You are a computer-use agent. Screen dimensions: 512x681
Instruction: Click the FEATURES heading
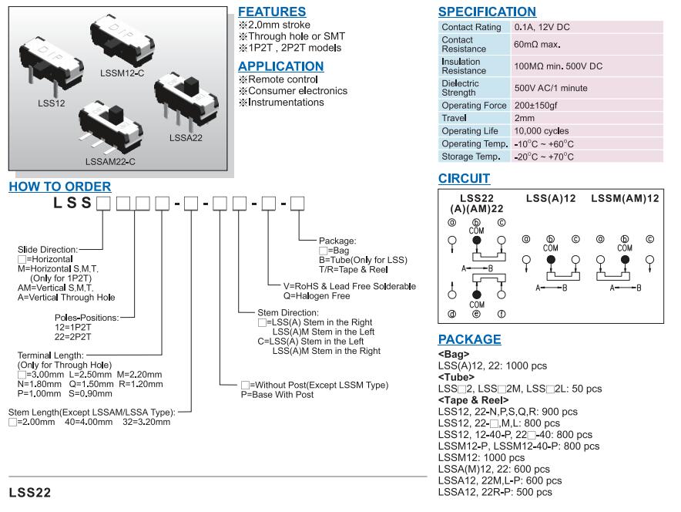(272, 12)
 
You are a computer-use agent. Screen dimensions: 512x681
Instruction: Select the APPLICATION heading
(280, 66)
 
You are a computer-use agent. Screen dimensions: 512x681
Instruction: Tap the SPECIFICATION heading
(487, 12)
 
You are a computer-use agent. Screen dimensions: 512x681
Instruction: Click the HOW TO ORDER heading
(59, 187)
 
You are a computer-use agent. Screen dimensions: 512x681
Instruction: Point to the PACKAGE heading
(469, 339)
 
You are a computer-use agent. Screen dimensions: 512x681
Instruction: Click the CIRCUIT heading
(464, 179)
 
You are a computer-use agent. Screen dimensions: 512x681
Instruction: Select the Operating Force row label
(474, 106)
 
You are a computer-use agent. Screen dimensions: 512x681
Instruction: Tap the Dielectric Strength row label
(460, 88)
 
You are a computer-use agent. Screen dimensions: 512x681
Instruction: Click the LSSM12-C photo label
(122, 72)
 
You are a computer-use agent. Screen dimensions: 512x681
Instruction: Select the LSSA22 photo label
(186, 138)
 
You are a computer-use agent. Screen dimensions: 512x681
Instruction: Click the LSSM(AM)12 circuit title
(625, 199)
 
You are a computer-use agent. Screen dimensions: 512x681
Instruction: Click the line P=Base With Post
(277, 395)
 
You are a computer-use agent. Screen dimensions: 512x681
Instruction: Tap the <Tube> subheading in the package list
(455, 378)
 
